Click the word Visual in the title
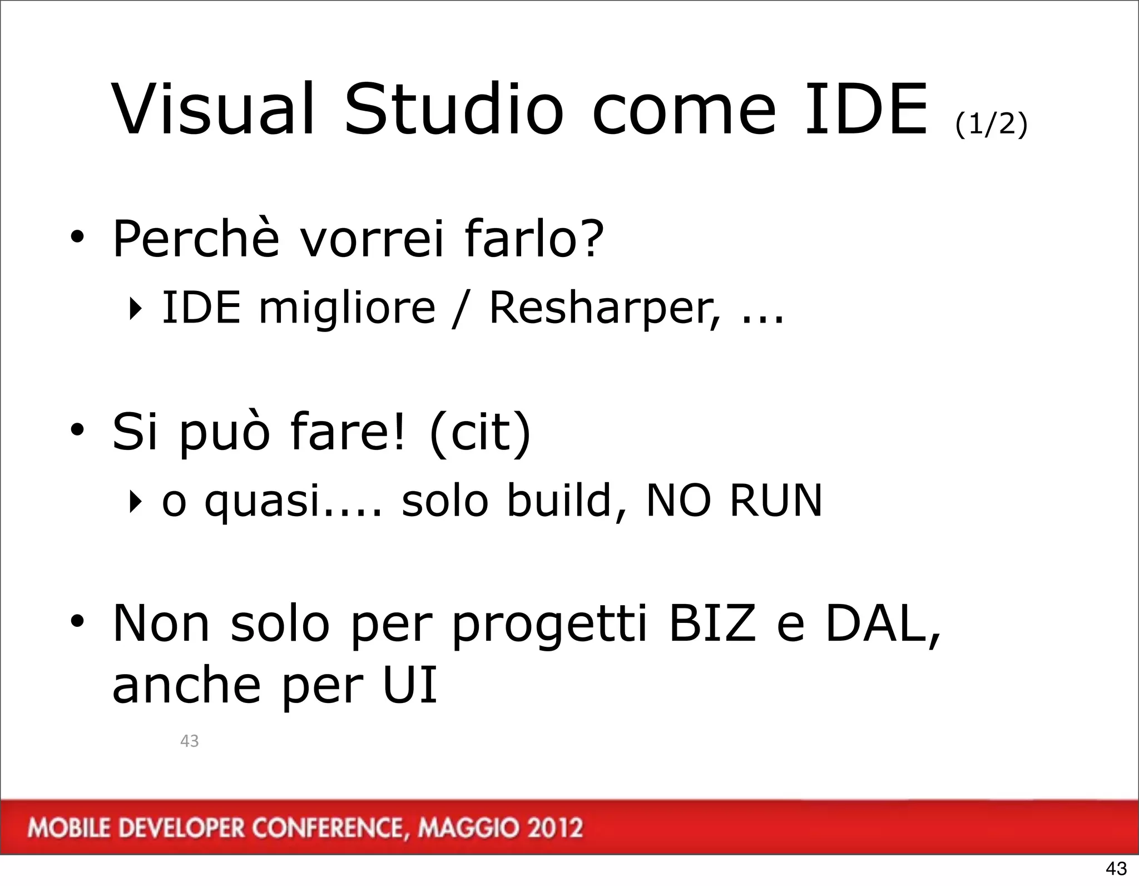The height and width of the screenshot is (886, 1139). [x=214, y=110]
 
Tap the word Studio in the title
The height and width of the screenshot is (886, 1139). [x=454, y=110]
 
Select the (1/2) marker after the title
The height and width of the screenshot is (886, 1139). [x=991, y=123]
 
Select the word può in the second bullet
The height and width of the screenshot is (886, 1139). [x=224, y=432]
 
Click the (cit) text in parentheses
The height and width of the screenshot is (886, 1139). [x=481, y=432]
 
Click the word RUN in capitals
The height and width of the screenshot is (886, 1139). [x=775, y=501]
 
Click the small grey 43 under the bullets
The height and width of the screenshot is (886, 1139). [x=190, y=741]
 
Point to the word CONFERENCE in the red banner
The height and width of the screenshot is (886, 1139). [x=326, y=828]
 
